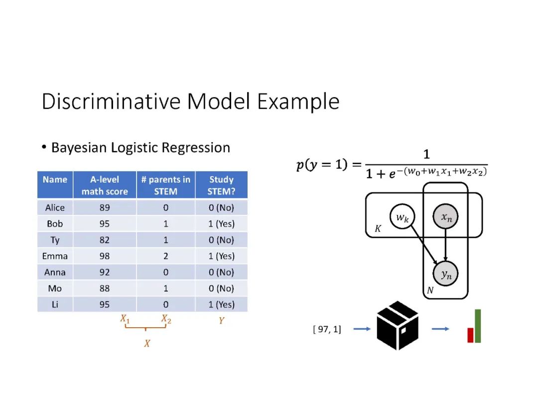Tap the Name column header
pyautogui.click(x=55, y=180)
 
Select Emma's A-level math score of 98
pyautogui.click(x=105, y=256)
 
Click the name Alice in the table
pyautogui.click(x=55, y=208)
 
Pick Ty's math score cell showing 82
pyautogui.click(x=105, y=240)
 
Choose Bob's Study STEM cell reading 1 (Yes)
pyautogui.click(x=221, y=224)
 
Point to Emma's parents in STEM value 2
pyautogui.click(x=166, y=256)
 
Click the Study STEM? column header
pyautogui.click(x=221, y=185)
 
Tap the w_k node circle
pyautogui.click(x=403, y=217)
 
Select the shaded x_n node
pyautogui.click(x=446, y=217)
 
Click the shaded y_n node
pyautogui.click(x=446, y=273)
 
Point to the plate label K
pyautogui.click(x=378, y=229)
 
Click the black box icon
pyautogui.click(x=398, y=326)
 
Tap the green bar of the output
pyautogui.click(x=478, y=326)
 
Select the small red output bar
pyautogui.click(x=470, y=335)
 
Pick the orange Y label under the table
pyautogui.click(x=221, y=321)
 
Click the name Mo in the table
pyautogui.click(x=55, y=288)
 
